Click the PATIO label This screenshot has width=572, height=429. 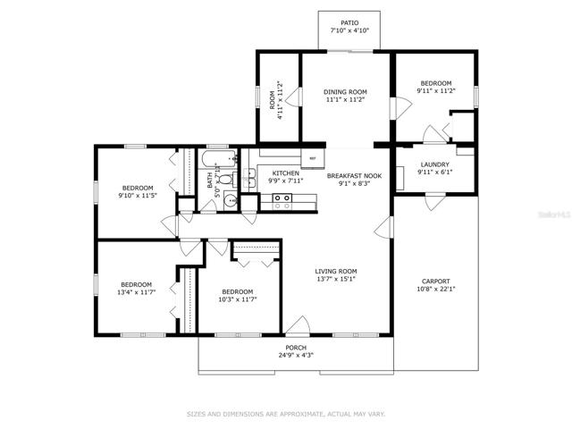click(x=349, y=23)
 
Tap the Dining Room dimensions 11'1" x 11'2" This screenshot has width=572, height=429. click(x=345, y=99)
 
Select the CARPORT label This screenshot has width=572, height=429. click(x=436, y=282)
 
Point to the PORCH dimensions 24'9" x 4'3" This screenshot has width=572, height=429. click(x=295, y=355)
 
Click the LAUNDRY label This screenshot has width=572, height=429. click(x=435, y=164)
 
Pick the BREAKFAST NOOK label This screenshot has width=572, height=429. click(x=354, y=176)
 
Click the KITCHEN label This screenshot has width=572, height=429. click(x=286, y=173)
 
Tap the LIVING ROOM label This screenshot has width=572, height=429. click(x=336, y=272)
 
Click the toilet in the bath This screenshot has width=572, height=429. click(x=228, y=180)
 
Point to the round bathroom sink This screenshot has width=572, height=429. click(x=230, y=200)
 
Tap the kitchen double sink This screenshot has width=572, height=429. click(x=250, y=179)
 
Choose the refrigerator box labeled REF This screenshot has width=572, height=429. click(x=313, y=158)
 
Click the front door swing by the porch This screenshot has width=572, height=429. click(x=298, y=325)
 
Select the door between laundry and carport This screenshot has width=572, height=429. click(x=435, y=201)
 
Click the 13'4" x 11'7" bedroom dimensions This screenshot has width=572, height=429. click(x=137, y=292)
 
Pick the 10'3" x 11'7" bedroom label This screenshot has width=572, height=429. click(x=238, y=292)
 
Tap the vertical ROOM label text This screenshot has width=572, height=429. click(x=272, y=99)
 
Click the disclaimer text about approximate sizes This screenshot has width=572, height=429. click(x=286, y=414)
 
